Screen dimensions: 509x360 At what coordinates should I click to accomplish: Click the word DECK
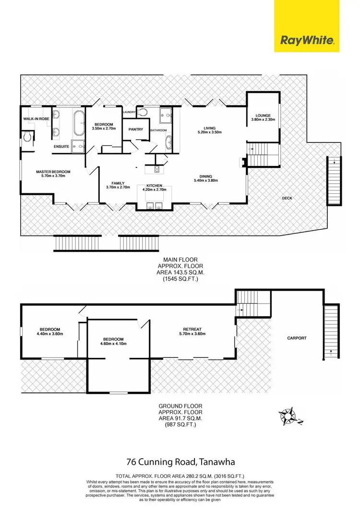click(288, 198)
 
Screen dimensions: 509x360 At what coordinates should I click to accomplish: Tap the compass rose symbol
click(289, 414)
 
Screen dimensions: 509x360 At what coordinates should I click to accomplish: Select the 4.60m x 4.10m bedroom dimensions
click(114, 343)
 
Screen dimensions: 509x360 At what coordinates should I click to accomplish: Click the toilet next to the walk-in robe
click(29, 137)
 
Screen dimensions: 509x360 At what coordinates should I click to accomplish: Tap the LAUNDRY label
click(129, 112)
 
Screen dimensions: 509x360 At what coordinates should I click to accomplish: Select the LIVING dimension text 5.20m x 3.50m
click(210, 132)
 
